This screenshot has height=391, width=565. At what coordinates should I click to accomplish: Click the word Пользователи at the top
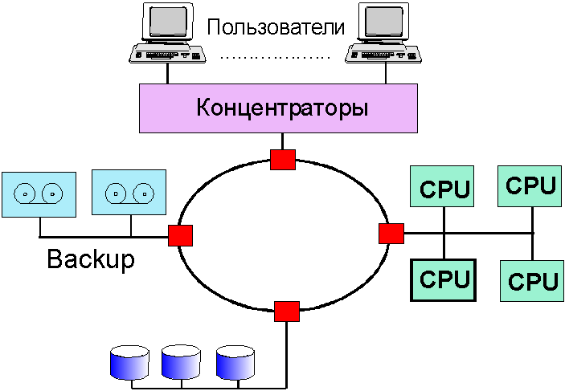(x=275, y=26)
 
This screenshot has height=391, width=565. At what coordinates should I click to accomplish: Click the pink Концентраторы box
(x=281, y=107)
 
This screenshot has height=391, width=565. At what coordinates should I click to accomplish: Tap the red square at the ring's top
(x=283, y=159)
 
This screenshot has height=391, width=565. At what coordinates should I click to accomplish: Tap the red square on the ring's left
(x=180, y=235)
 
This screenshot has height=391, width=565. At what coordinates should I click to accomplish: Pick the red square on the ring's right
(x=391, y=234)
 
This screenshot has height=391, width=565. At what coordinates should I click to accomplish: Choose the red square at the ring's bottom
(x=286, y=310)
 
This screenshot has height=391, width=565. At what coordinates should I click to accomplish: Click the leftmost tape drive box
(x=39, y=193)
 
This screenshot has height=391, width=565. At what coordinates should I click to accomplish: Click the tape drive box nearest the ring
(x=129, y=193)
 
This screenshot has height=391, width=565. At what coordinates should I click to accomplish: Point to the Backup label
(x=91, y=259)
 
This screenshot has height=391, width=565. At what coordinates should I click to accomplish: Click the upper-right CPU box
(x=530, y=186)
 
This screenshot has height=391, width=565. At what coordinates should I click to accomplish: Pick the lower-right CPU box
(x=532, y=281)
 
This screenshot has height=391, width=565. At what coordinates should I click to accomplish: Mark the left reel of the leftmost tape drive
(x=27, y=193)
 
